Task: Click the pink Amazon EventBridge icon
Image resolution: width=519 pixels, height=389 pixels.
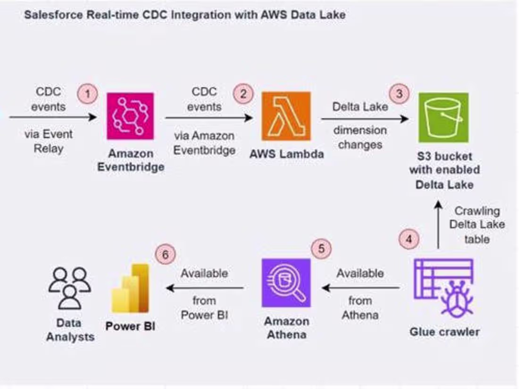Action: (x=130, y=116)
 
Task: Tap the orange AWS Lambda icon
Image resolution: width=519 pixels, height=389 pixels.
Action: (x=286, y=116)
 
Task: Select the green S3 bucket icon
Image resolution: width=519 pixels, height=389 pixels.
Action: (x=443, y=117)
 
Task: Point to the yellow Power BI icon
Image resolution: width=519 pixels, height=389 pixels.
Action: (x=131, y=289)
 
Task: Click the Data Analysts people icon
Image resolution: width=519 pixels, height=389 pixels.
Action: (x=70, y=288)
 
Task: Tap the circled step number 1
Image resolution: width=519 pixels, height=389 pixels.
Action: (x=87, y=94)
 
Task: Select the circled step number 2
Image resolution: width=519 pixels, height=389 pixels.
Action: (x=243, y=94)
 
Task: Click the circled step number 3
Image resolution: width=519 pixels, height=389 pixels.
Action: (x=400, y=93)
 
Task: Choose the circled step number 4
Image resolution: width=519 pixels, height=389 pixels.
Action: (x=409, y=239)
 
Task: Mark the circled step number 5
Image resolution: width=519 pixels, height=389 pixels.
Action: (x=321, y=248)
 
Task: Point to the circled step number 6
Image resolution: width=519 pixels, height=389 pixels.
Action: (x=165, y=255)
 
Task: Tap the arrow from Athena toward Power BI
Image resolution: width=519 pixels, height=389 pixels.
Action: (x=205, y=287)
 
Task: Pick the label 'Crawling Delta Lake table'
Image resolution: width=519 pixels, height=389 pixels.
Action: (x=477, y=224)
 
